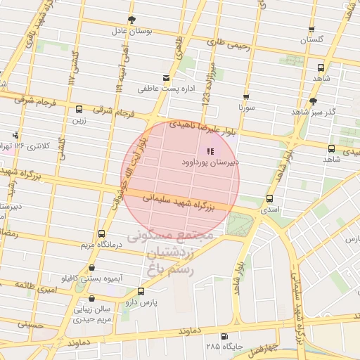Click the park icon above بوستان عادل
(x=130, y=20)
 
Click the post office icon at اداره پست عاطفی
(x=166, y=77)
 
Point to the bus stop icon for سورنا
(x=246, y=97)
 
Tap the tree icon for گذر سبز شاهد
(x=313, y=101)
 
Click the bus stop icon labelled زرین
(x=78, y=109)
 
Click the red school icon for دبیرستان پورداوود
(x=210, y=150)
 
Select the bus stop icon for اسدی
(x=271, y=198)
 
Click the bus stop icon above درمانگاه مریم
(x=101, y=233)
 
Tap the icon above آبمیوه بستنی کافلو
(x=91, y=267)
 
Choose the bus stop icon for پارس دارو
(x=141, y=290)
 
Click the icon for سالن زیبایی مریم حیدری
(x=91, y=298)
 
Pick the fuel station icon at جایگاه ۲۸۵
(x=224, y=336)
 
